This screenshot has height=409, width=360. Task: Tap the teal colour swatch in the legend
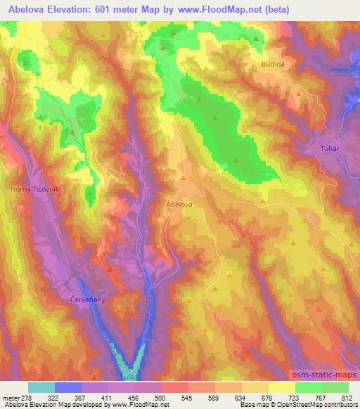pos(41,387)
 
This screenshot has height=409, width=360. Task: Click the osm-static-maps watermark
pos(324,377)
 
